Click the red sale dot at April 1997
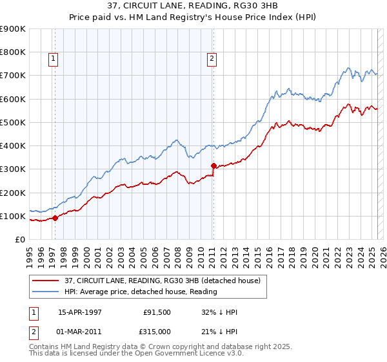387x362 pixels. [55, 218]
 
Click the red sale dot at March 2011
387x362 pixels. [213, 165]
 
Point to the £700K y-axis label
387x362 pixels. [13, 76]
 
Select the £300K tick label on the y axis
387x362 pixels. [13, 169]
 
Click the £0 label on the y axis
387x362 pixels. [19, 239]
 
